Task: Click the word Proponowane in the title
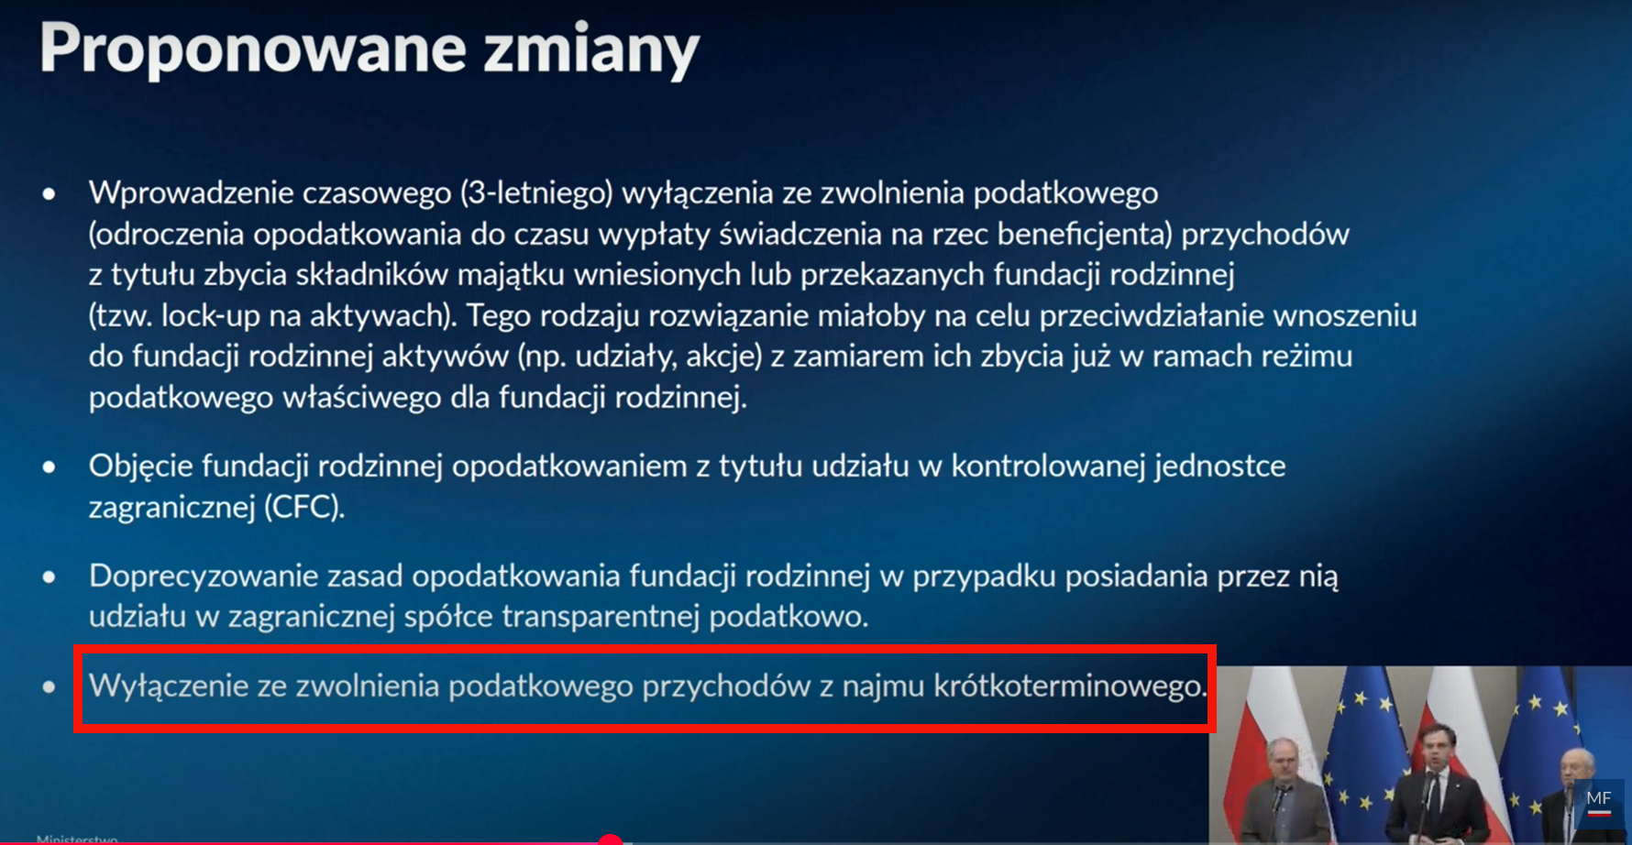coord(253,49)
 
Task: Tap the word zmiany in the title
coord(591,51)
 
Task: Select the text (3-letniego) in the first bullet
coord(536,193)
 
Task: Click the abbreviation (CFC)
coord(304,506)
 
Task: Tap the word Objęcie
coord(141,466)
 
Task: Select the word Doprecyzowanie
coord(199,576)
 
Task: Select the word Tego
coord(498,316)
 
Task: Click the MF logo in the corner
coord(1599,802)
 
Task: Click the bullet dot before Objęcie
coord(49,467)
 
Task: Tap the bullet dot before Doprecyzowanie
coord(49,577)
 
